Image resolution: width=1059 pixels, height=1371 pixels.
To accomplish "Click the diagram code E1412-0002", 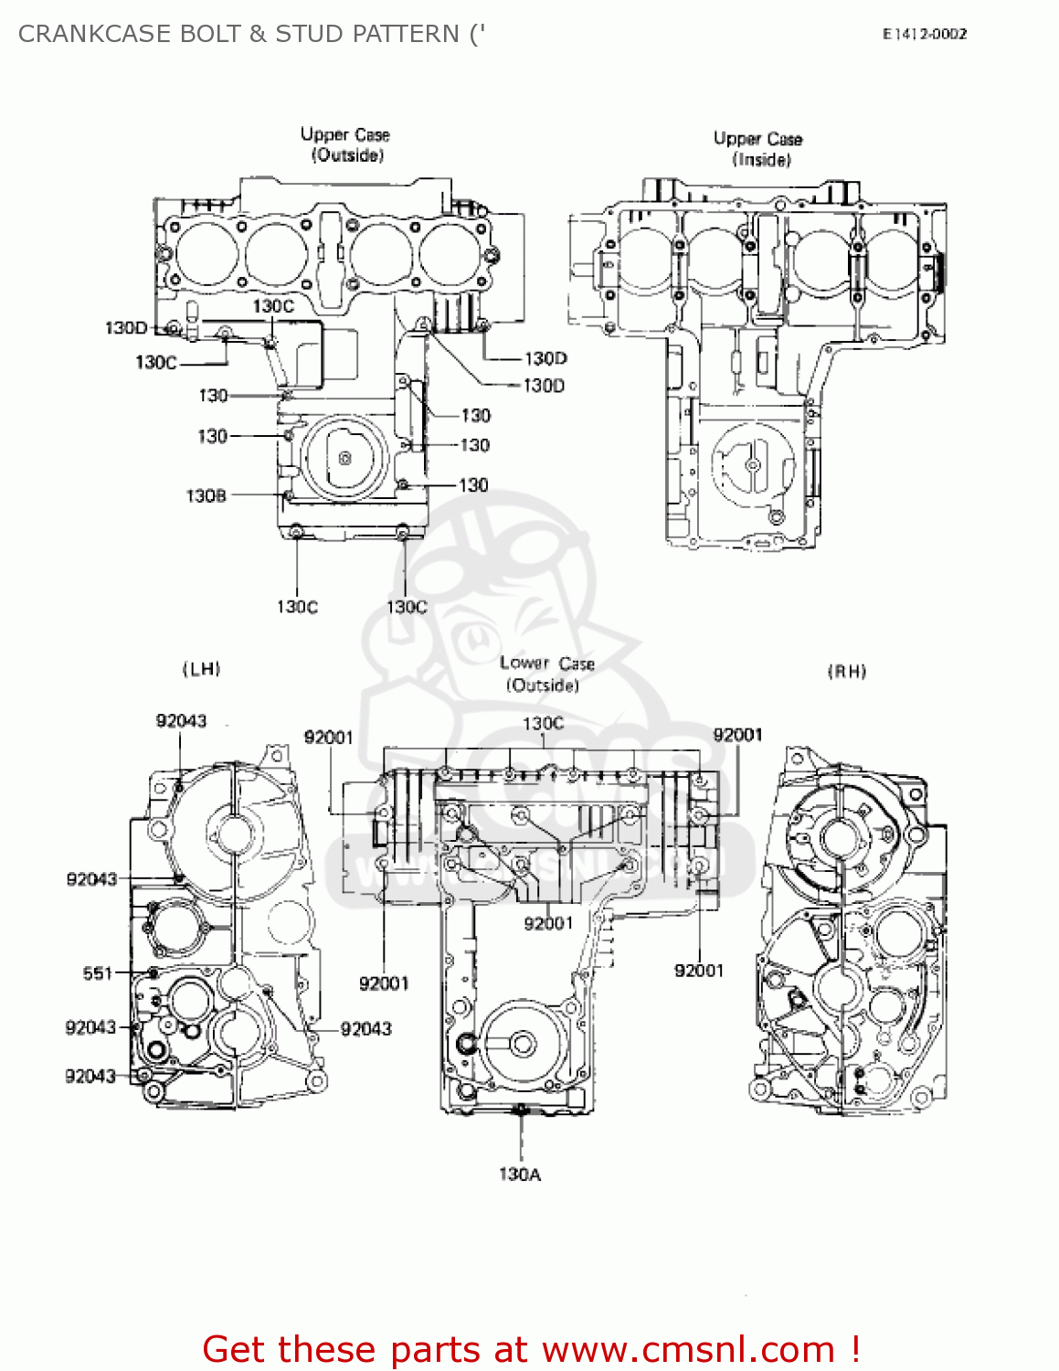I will [924, 34].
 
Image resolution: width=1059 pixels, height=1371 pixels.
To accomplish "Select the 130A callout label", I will [519, 1174].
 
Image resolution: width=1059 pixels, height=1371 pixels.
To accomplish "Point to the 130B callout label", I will [206, 495].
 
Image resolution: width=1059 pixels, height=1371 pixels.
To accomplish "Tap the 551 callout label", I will [97, 973].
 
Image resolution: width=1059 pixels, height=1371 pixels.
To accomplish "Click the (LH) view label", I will [202, 669].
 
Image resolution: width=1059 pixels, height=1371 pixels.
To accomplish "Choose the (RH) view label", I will [846, 672].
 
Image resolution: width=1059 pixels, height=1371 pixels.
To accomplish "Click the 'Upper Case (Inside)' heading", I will [758, 149].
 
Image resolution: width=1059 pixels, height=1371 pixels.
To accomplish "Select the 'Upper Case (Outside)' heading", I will [345, 144].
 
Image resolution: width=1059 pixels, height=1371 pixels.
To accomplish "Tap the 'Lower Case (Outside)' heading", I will [546, 674].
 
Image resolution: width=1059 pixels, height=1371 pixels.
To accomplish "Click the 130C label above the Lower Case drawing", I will [543, 723].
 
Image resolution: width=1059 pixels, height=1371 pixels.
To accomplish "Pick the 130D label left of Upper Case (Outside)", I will [125, 327].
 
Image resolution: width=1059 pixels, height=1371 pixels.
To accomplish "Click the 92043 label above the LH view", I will [181, 720].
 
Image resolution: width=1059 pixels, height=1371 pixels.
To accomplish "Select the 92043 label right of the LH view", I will [365, 1028].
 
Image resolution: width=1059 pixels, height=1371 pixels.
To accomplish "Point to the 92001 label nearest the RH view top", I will [737, 735].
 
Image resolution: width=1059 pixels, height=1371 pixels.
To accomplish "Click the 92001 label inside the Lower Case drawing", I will [548, 923].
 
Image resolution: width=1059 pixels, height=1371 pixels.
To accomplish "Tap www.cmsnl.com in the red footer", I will [687, 1349].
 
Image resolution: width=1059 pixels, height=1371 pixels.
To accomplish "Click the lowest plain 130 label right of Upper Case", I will [473, 484].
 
